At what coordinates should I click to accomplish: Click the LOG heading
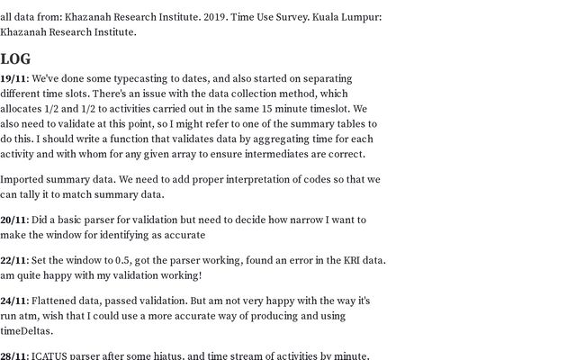pyautogui.click(x=15, y=59)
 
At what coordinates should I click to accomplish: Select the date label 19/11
pyautogui.click(x=13, y=78)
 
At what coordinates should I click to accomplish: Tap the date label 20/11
pyautogui.click(x=13, y=220)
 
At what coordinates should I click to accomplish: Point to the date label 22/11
pyautogui.click(x=13, y=260)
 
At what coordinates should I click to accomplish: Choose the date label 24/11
pyautogui.click(x=13, y=301)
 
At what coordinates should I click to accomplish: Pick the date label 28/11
pyautogui.click(x=13, y=355)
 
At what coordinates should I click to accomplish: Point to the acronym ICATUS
pyautogui.click(x=53, y=355)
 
